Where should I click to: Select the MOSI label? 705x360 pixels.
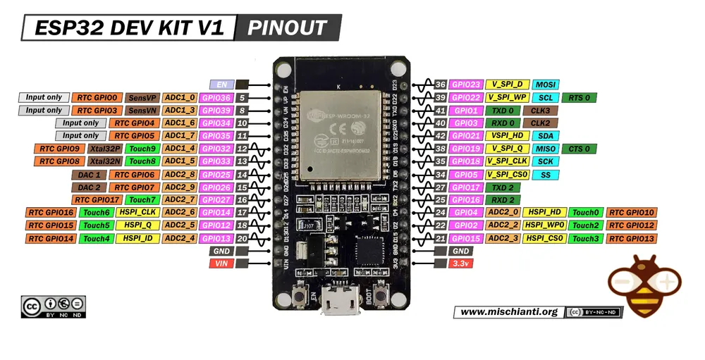pos(546,85)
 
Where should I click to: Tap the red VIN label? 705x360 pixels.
pos(221,263)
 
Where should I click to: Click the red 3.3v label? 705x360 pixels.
pos(461,263)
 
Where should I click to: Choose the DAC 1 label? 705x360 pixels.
pos(89,174)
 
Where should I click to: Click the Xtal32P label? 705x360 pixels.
pos(104,149)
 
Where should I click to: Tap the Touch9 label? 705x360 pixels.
pos(142,149)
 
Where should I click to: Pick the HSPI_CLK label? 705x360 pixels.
pos(137,213)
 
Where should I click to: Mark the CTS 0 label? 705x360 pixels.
pos(579,149)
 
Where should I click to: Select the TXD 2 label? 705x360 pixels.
pos(503,187)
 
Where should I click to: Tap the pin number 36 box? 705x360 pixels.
pos(441,85)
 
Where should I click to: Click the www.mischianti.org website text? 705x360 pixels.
pos(508,311)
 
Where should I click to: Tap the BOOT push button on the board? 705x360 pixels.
pos(384,291)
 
